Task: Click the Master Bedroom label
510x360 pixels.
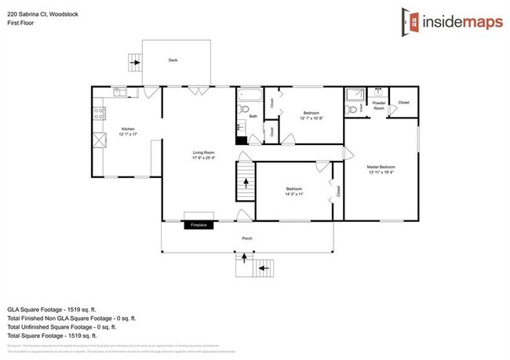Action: (x=381, y=168)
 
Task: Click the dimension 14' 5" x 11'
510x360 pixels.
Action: (x=294, y=195)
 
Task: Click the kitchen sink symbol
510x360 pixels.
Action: (x=121, y=93)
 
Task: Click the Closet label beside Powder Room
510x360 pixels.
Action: (x=403, y=103)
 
